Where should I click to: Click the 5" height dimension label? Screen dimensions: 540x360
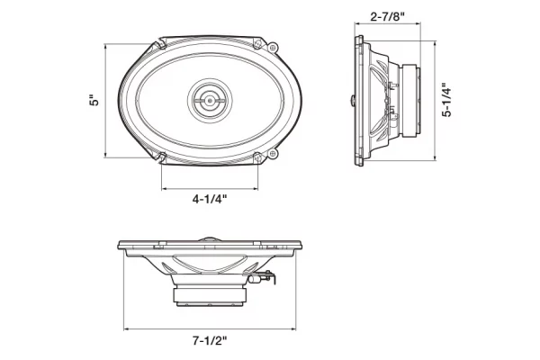[x=94, y=100]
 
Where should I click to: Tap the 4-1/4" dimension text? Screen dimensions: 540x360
[x=210, y=199]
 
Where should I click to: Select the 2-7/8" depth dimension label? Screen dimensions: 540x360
[x=387, y=16]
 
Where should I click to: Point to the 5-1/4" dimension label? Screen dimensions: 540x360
[x=446, y=100]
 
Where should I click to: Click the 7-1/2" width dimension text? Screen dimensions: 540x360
[x=210, y=341]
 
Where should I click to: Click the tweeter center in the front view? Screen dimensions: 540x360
[x=210, y=101]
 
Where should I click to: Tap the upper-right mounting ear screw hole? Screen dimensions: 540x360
[x=273, y=48]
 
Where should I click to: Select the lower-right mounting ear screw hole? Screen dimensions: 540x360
[x=273, y=154]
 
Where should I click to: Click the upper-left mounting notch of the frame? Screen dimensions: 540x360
[x=160, y=44]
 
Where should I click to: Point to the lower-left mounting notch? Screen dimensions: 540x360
[x=161, y=157]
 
